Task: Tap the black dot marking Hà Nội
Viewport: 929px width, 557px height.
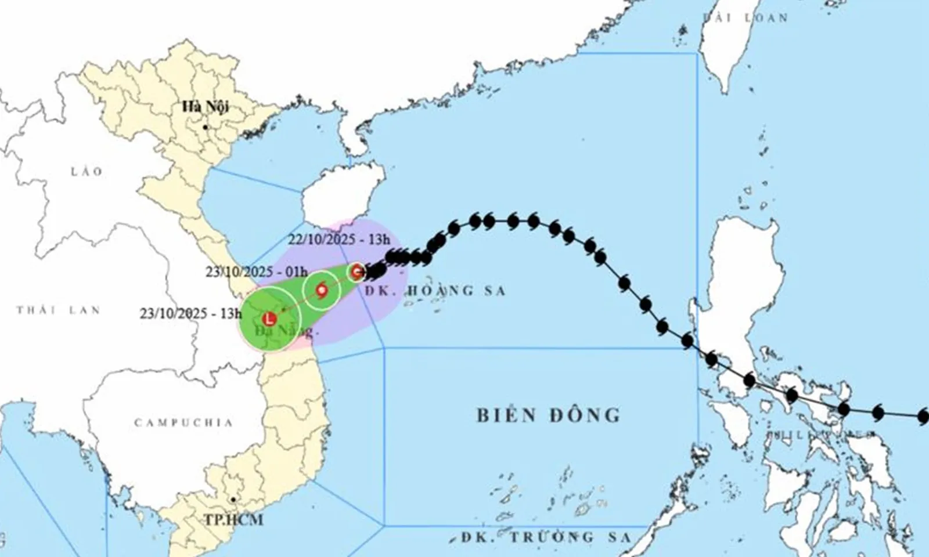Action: point(205,127)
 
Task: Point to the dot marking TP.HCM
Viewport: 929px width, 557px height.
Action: point(233,499)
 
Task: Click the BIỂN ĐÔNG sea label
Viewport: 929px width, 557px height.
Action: point(549,415)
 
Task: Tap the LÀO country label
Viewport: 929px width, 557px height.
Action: point(87,171)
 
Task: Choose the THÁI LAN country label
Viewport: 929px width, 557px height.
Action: point(58,310)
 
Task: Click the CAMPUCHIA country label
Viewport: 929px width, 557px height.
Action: point(183,422)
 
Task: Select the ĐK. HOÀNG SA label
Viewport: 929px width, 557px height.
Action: point(435,290)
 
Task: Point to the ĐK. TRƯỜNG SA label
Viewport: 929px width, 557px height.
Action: point(546,537)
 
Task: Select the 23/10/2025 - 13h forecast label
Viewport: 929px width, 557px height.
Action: point(190,314)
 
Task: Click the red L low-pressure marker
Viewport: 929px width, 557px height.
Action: point(269,319)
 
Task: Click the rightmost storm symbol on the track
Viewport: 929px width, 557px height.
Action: point(923,416)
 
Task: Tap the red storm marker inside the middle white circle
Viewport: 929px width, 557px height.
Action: point(321,290)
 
